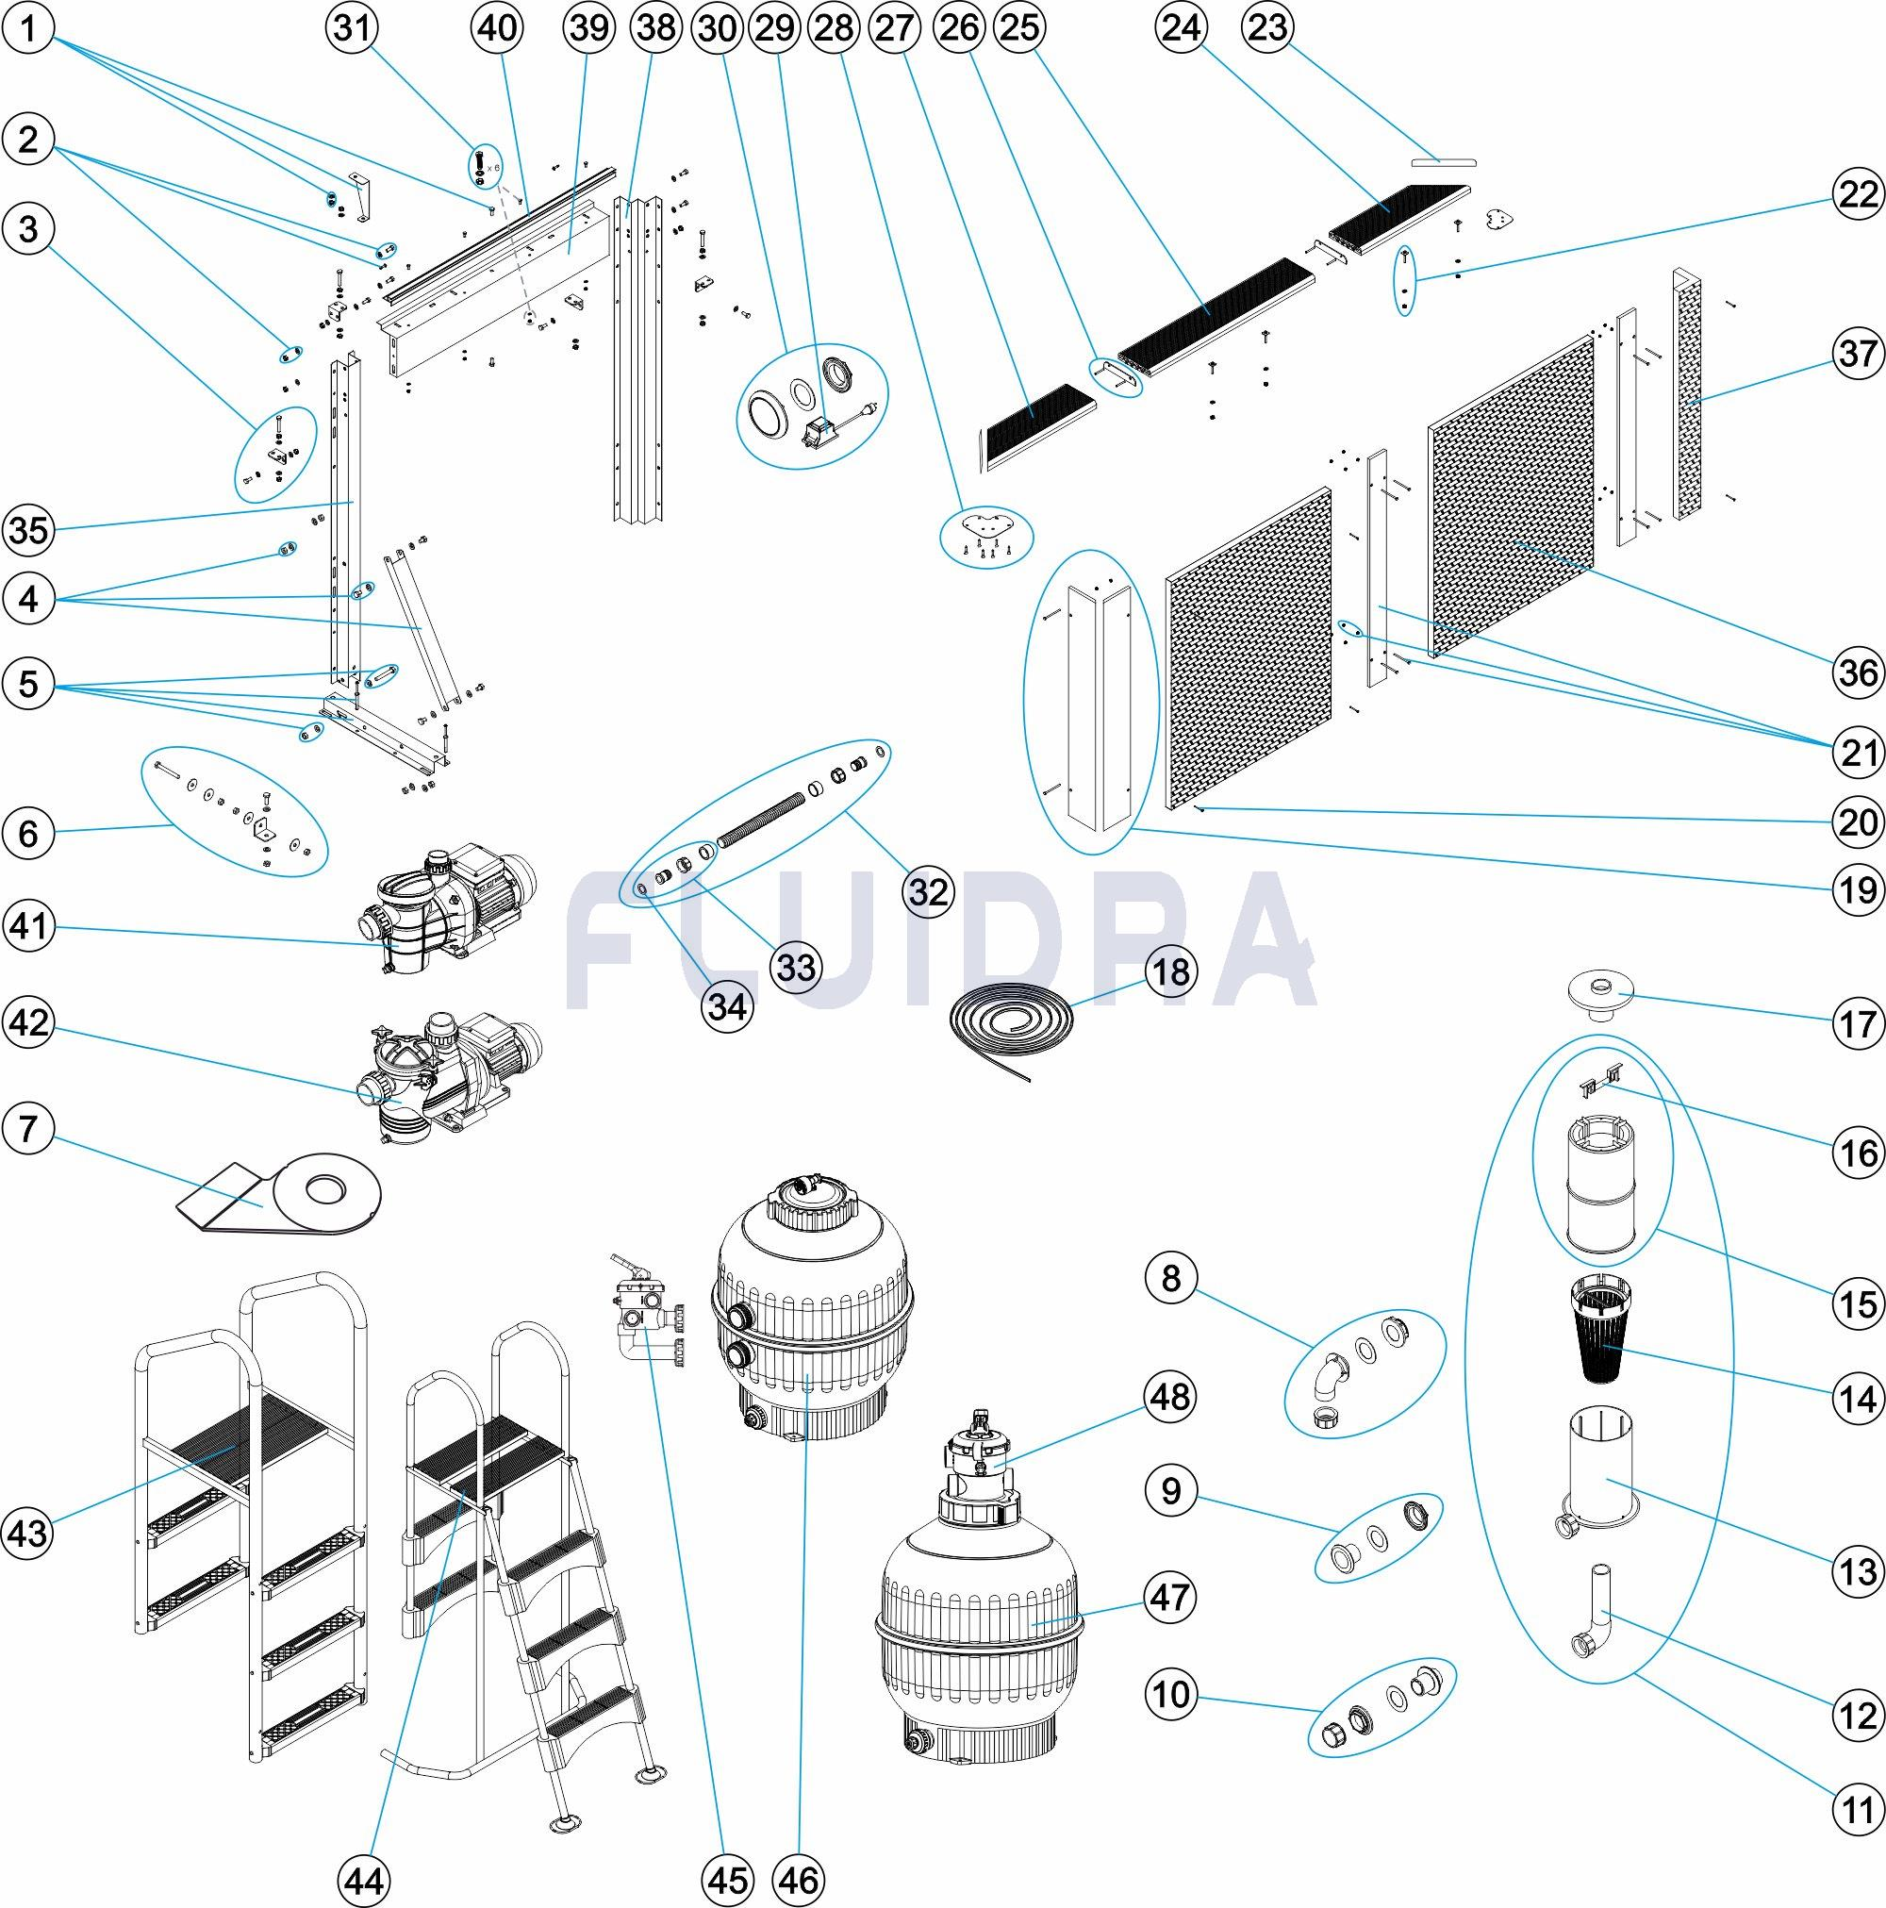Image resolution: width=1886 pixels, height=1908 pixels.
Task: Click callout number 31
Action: [352, 28]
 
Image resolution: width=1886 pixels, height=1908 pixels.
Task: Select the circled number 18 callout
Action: [1171, 971]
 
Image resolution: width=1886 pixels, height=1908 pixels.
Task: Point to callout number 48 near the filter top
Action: [1171, 1398]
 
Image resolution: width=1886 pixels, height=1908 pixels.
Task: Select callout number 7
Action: [28, 1128]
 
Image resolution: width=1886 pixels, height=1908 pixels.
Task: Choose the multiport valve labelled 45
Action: [643, 1315]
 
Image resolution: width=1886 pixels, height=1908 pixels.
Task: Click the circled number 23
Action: [1266, 28]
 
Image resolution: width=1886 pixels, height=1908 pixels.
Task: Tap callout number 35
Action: [28, 530]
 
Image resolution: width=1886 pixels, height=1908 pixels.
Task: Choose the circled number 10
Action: [1171, 1695]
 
